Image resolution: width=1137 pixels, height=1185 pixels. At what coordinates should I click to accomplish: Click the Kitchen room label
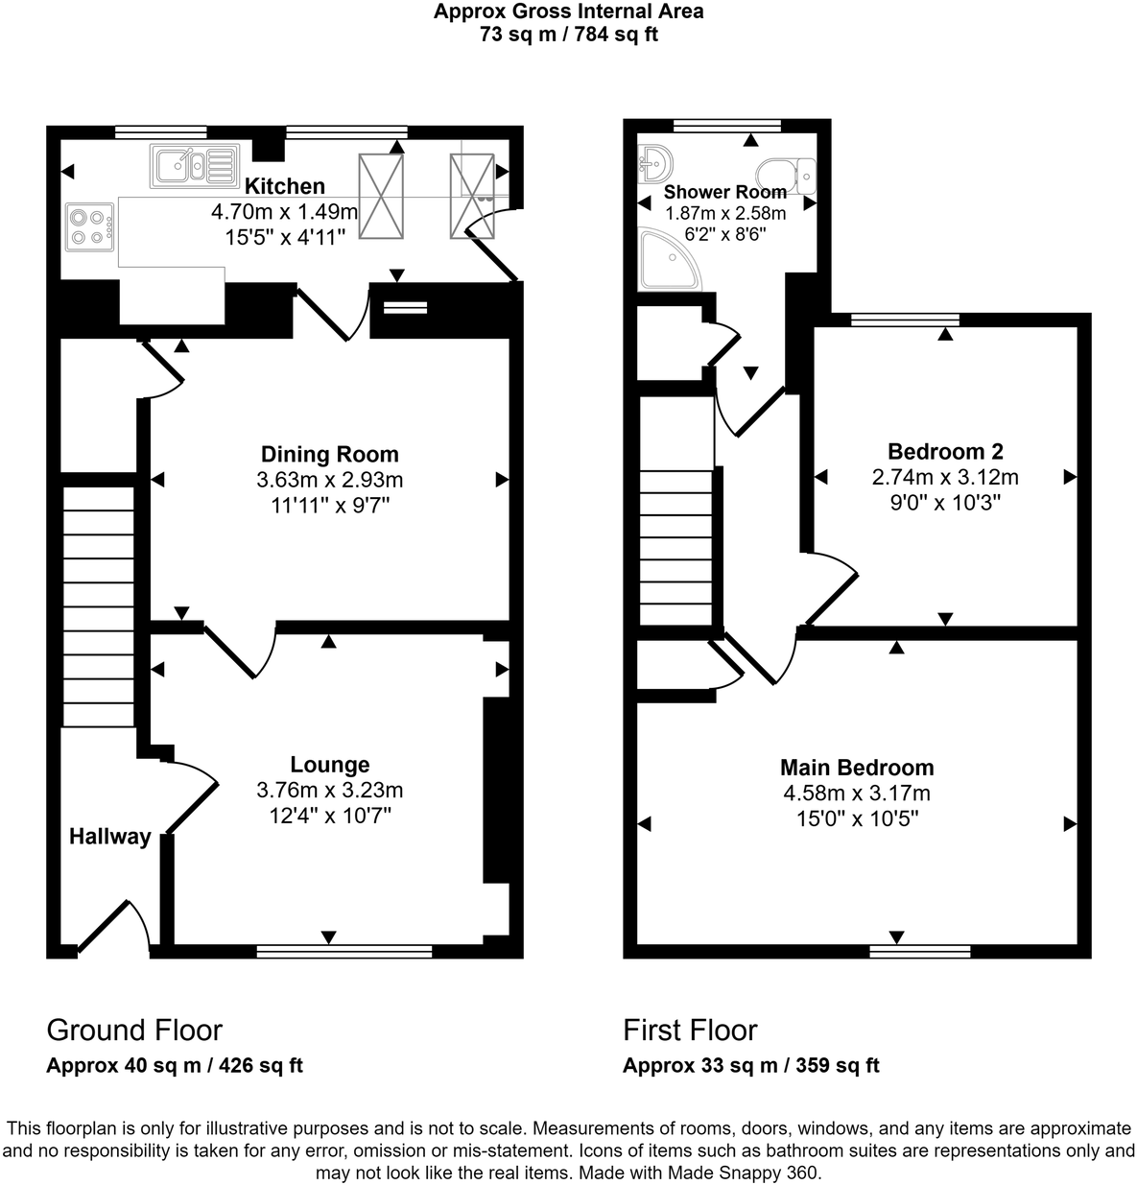point(284,186)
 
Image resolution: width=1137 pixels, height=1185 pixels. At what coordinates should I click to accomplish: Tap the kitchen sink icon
point(193,166)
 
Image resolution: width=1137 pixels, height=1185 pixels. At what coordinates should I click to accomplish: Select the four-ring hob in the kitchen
point(88,226)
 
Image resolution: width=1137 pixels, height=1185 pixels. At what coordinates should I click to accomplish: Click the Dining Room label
point(329,454)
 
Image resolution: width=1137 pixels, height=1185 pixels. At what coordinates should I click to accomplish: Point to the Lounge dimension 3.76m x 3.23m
point(329,791)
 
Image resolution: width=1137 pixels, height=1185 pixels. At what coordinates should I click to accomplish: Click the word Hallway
point(109,837)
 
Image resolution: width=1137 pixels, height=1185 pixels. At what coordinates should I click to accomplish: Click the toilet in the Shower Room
point(786,176)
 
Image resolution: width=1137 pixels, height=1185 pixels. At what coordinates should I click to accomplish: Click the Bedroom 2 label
point(945,451)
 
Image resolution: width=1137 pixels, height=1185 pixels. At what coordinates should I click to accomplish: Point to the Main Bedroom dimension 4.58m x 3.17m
point(856,794)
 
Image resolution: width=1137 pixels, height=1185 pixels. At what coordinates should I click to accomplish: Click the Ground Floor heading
point(134,1031)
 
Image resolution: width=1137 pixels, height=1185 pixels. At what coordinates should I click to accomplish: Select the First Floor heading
point(690,1031)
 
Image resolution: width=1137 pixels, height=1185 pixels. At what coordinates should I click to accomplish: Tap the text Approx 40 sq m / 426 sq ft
point(175,1065)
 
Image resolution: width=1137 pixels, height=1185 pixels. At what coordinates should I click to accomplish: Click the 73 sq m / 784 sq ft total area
point(568,36)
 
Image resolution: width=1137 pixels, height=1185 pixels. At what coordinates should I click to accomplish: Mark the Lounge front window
point(343,952)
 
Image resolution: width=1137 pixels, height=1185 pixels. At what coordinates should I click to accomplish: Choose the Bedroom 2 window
point(904,320)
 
